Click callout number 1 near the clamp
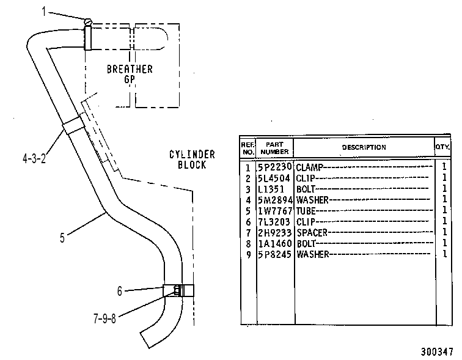[x=44, y=12]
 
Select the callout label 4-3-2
[x=34, y=158]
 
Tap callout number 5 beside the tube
[x=62, y=238]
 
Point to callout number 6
[x=119, y=291]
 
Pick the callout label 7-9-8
[x=105, y=318]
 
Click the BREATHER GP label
[x=130, y=74]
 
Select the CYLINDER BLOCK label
[x=192, y=160]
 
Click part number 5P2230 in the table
[x=275, y=167]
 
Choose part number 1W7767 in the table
[x=275, y=211]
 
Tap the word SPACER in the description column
[x=312, y=233]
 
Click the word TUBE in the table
[x=306, y=211]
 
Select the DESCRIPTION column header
[x=364, y=147]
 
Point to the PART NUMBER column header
[x=274, y=148]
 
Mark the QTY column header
[x=442, y=147]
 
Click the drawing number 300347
[x=437, y=352]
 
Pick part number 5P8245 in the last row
[x=275, y=254]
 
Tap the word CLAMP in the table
[x=310, y=167]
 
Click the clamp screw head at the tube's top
[x=88, y=22]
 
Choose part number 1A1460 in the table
[x=275, y=243]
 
